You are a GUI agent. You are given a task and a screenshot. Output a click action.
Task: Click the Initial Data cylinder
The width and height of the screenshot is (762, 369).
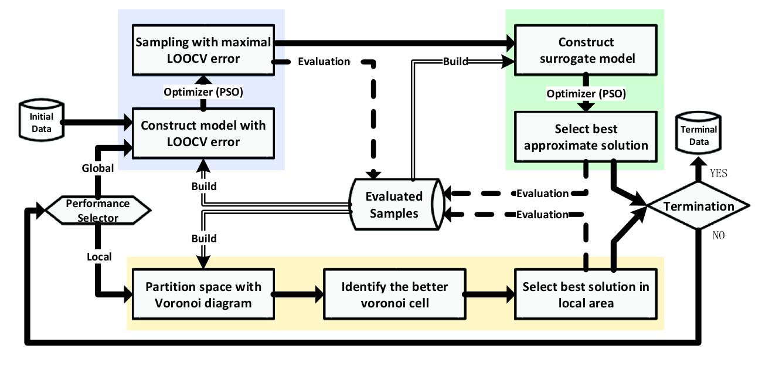tap(42, 120)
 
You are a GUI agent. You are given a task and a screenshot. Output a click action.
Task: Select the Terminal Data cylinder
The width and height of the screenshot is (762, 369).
tap(698, 133)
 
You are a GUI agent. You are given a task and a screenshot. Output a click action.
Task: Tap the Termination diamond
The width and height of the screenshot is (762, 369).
tap(698, 205)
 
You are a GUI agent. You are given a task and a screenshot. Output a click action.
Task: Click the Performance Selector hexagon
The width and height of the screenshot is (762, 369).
tap(98, 210)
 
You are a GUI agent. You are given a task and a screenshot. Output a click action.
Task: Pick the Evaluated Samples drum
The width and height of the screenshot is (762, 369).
tap(397, 204)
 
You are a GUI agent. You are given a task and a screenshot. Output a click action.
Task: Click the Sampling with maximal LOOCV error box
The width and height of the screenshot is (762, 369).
tap(203, 50)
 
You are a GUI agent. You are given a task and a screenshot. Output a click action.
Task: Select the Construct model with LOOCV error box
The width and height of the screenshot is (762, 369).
tap(203, 133)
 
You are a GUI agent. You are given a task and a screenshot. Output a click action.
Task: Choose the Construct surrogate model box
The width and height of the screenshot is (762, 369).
tap(586, 50)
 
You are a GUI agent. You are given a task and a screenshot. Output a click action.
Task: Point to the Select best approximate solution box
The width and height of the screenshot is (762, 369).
tap(586, 137)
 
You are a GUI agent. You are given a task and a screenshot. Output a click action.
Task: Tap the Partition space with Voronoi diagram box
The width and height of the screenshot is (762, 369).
tap(203, 294)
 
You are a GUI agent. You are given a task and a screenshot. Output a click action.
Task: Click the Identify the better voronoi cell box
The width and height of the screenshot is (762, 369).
tap(394, 294)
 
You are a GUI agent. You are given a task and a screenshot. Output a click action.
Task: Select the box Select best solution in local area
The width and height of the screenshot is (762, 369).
tap(586, 294)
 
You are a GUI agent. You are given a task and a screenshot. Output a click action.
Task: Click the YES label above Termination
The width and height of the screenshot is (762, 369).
tap(719, 173)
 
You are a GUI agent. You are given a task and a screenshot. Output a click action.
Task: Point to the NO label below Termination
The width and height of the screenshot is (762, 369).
tap(719, 235)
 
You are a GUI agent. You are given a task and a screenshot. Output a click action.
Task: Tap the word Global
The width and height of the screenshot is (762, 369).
tap(98, 168)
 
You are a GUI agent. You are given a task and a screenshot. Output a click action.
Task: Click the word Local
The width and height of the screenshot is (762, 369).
tap(99, 256)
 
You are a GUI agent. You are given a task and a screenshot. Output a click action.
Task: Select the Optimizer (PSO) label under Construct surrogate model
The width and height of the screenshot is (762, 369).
tap(586, 93)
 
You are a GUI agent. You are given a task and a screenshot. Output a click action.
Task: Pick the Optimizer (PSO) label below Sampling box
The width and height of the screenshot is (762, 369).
tap(203, 92)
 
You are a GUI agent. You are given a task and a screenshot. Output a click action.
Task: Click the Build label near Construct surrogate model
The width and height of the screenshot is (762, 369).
tap(455, 61)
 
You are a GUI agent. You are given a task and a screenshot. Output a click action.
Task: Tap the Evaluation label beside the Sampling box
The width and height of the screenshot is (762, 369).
tap(324, 61)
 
